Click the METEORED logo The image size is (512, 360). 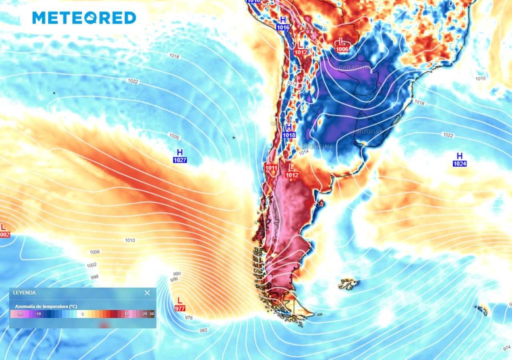pos(84,18)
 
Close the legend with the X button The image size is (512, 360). pos(147,293)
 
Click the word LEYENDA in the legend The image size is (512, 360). pos(24,293)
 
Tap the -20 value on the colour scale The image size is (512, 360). pos(20,314)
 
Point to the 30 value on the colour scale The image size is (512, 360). pos(152,314)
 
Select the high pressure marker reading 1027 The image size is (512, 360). pos(180,156)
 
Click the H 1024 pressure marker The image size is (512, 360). pos(460,160)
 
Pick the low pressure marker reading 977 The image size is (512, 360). pos(180,304)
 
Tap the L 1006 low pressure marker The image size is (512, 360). pos(342,45)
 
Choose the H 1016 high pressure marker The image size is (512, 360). pos(283,23)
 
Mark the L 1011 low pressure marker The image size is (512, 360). pos(271,164)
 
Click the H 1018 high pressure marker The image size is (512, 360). pos(289,131)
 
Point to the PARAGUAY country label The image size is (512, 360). pos(354,67)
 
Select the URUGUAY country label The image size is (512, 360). pos(368,132)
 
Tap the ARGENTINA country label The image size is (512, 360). pos(316,147)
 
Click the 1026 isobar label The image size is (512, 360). pos(174,136)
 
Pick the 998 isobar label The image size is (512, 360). pos(95,277)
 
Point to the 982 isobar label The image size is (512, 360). pos(204,330)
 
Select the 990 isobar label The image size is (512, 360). pos(177,274)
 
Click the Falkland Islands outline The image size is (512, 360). pos(348,284)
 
